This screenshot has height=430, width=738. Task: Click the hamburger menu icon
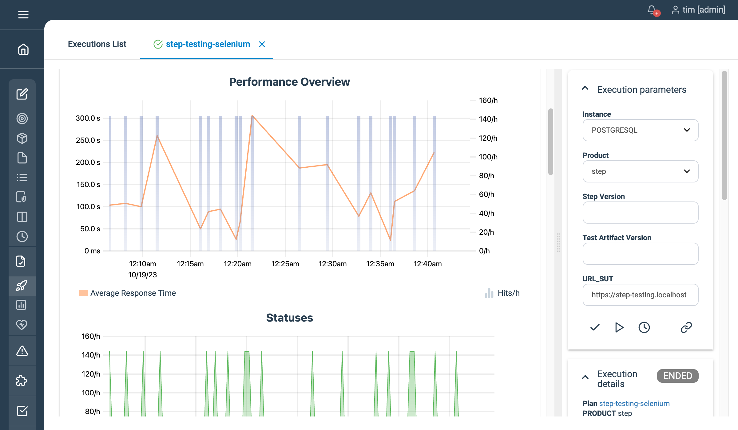[x=23, y=14]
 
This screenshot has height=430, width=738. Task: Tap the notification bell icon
[x=652, y=10]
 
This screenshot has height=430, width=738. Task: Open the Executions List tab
[x=97, y=44]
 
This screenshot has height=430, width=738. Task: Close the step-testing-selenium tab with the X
[x=262, y=45]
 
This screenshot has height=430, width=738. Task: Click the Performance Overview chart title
[x=289, y=82]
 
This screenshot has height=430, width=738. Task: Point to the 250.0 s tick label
[x=88, y=140]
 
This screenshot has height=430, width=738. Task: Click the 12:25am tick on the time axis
[x=285, y=264]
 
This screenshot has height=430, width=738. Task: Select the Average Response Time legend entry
[x=133, y=293]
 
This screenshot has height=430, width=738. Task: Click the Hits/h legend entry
[x=508, y=293]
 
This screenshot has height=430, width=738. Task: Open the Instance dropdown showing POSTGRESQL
[x=640, y=130]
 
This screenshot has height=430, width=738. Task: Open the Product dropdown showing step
[x=640, y=171]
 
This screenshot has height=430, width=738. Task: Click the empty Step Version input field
[x=640, y=213]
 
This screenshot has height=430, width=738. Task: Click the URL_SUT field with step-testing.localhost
[x=640, y=295]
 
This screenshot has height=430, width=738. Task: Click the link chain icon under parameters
[x=686, y=327]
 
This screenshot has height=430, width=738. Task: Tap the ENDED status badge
[x=677, y=376]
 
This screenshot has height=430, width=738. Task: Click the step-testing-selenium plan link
[x=634, y=404]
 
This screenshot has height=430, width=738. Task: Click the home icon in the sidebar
[x=23, y=49]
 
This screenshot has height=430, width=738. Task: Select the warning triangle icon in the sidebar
[x=22, y=351]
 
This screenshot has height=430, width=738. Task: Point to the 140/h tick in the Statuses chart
[x=91, y=355]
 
